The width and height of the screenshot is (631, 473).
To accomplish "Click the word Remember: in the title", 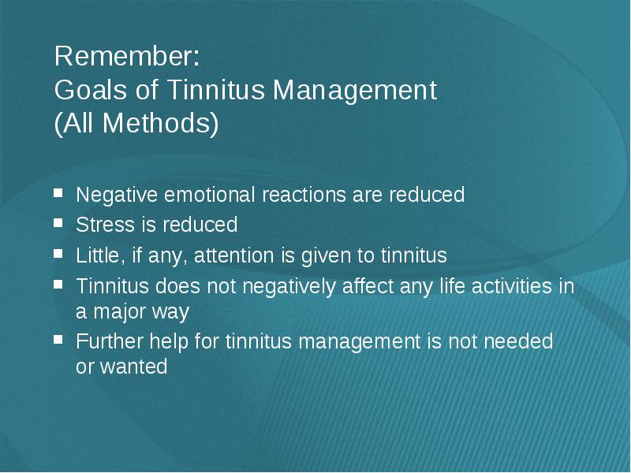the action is [x=127, y=56].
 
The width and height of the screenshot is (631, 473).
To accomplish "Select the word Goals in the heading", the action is [x=91, y=89].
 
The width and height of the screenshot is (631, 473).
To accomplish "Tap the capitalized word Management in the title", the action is [x=355, y=91].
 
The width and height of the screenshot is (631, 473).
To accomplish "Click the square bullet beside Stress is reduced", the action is [x=58, y=222].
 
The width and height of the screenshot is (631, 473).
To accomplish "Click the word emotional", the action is [x=210, y=195].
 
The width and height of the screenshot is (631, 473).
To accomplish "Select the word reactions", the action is [x=304, y=195].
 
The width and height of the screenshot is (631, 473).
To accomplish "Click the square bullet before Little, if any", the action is [x=58, y=253].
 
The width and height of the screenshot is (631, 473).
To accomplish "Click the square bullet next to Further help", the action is [x=58, y=340].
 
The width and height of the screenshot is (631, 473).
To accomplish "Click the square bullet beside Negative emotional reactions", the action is [x=58, y=192].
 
